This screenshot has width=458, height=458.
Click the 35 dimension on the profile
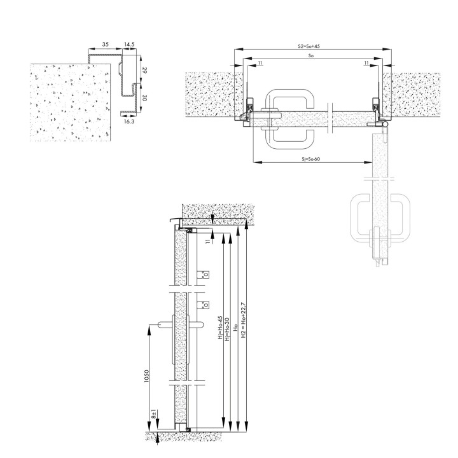[106, 45]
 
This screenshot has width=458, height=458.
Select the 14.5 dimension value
[129, 45]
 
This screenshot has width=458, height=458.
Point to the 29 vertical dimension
[144, 70]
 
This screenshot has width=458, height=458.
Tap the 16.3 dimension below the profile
[128, 121]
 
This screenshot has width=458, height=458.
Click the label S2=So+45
[309, 46]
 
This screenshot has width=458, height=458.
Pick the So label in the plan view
[311, 55]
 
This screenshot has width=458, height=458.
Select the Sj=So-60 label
[311, 159]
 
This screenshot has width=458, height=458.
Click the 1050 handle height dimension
[147, 376]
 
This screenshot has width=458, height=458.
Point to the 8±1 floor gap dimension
[154, 415]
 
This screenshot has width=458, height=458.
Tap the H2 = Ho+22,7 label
[244, 320]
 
